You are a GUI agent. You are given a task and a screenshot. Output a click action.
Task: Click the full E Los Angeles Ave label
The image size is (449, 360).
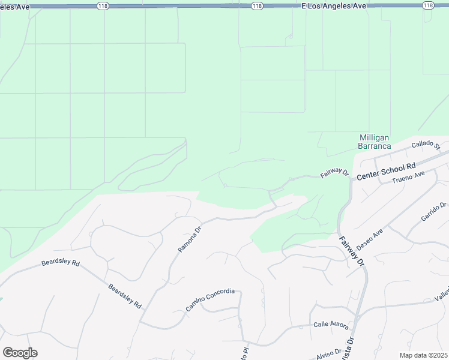[x=333, y=5]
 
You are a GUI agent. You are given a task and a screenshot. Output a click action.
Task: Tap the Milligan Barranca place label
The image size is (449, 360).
[x=375, y=142]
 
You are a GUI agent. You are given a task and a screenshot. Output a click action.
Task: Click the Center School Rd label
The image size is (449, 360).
[x=386, y=172]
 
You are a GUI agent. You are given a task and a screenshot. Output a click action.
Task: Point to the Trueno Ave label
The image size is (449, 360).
[x=408, y=177]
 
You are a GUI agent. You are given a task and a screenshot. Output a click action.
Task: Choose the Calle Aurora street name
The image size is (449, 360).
[x=331, y=325]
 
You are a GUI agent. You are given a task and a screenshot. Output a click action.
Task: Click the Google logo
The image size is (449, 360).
[x=20, y=353]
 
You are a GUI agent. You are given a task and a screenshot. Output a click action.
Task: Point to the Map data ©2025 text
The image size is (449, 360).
[x=427, y=355]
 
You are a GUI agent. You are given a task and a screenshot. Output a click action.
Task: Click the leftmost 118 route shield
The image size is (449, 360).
[x=103, y=5]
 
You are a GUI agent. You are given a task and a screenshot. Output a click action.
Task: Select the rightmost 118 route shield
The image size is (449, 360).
[x=427, y=5]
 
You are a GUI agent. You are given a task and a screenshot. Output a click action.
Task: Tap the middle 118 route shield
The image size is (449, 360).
[x=257, y=5]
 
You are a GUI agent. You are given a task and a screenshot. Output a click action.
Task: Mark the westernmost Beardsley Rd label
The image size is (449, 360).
[x=60, y=263]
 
